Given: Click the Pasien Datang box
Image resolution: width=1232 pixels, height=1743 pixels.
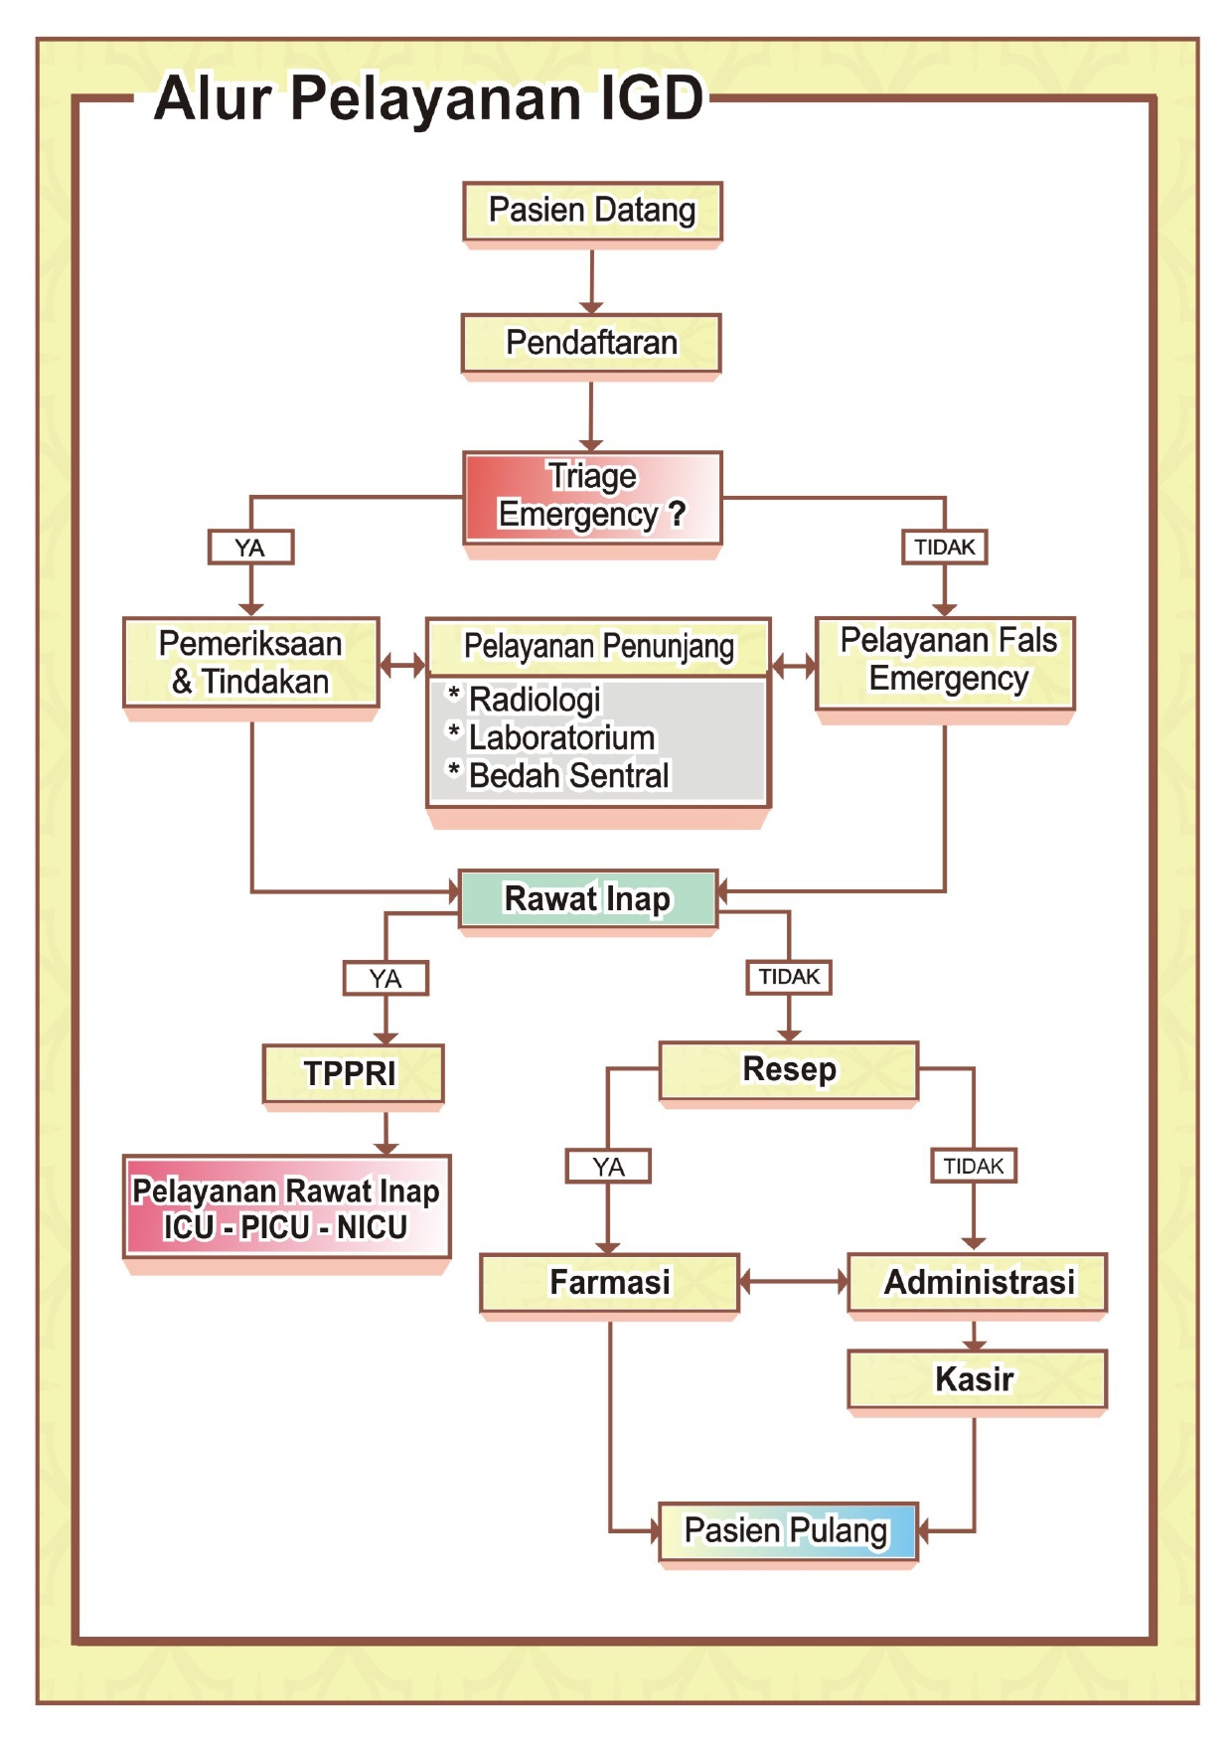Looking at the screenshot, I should pos(592,211).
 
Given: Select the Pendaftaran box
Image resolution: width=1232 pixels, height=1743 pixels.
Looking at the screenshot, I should pos(591,343).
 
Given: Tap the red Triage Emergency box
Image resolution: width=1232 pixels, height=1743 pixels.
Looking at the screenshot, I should pos(592,496).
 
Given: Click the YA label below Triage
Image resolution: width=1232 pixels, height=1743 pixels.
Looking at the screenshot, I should pos(250,547).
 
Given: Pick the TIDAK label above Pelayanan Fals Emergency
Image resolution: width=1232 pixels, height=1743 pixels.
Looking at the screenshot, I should pos(944,547).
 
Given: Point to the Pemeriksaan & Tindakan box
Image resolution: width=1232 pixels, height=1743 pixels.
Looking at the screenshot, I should pos(250,662).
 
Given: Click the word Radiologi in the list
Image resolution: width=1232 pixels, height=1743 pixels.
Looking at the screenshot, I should pos(535,700).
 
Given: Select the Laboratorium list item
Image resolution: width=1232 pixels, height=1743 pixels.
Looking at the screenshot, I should pos(561,737).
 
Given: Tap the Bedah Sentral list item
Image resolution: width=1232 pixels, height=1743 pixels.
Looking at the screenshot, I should pos(568,775).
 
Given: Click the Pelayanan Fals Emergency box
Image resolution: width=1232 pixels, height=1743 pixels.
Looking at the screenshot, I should pos(946,660).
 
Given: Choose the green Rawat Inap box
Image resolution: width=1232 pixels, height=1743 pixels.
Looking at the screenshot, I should pos(587,898).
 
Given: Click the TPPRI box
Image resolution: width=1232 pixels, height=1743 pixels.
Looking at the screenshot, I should pos(352,1073).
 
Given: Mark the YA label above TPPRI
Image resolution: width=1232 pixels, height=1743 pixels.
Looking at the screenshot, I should pos(385,978).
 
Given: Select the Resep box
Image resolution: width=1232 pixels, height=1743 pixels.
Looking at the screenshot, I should pos(789,1069).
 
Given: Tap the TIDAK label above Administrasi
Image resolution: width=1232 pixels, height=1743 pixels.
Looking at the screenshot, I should pos(973,1166).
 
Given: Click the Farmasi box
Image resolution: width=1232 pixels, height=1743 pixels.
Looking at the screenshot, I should pos(609,1282).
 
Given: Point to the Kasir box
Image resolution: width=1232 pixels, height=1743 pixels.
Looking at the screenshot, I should pos(976,1378).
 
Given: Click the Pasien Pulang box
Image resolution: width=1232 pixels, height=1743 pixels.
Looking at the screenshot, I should pos(787,1530).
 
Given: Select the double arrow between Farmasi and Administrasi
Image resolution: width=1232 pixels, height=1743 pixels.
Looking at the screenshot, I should pos(793,1282).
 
